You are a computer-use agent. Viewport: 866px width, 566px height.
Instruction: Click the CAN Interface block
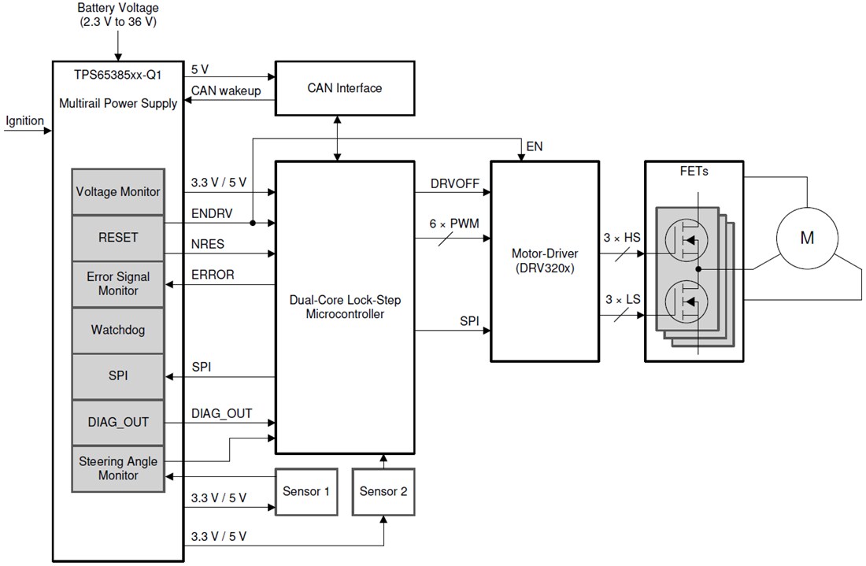click(344, 88)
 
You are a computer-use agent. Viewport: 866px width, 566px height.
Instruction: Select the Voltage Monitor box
click(118, 191)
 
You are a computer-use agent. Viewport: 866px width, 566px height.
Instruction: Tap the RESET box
click(118, 238)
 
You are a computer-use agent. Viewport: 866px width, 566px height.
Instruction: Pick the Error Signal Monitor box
click(118, 284)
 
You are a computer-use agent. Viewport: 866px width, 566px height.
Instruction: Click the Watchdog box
click(118, 331)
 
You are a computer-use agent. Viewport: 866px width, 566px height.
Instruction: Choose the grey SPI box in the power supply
click(118, 376)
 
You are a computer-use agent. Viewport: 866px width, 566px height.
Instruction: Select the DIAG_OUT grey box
click(118, 423)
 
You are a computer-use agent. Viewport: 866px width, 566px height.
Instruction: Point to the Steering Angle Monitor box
click(118, 468)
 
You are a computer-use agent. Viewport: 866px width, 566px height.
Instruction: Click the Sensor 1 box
click(306, 492)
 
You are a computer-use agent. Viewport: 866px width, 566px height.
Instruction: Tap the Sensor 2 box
click(383, 492)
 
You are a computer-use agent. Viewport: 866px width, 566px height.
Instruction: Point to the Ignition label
click(25, 121)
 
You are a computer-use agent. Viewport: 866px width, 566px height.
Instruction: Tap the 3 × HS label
click(622, 238)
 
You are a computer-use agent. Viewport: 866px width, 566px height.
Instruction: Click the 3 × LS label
click(622, 300)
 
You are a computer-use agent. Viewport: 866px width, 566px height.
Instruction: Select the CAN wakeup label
click(227, 91)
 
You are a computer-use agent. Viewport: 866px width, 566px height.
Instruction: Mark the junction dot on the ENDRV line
click(252, 223)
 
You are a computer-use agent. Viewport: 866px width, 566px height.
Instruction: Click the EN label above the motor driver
click(534, 146)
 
